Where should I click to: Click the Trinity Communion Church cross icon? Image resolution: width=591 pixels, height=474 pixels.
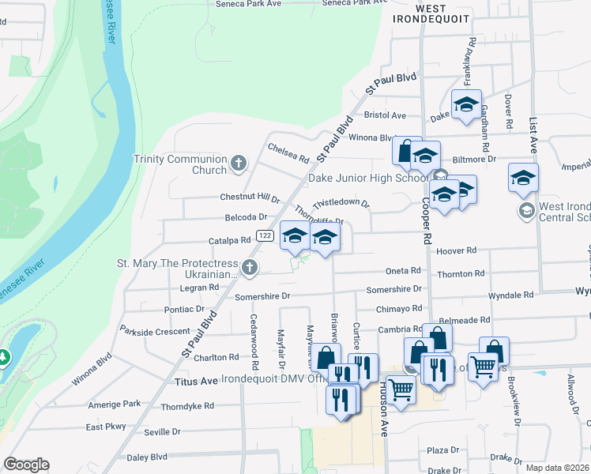click(x=239, y=164)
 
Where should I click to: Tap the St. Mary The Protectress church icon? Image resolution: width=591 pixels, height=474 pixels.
click(x=250, y=268)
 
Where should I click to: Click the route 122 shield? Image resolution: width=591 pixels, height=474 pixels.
click(x=265, y=235)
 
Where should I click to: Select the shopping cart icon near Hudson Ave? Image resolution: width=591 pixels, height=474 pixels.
click(x=401, y=389)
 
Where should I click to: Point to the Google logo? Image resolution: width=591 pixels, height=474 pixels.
click(x=26, y=464)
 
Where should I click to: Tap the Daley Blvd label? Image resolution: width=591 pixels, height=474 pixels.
click(x=148, y=457)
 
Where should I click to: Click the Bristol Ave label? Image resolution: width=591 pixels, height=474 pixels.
click(x=385, y=115)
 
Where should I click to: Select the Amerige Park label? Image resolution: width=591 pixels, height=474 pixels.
click(x=115, y=404)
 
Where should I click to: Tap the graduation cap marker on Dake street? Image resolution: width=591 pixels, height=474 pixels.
click(x=466, y=104)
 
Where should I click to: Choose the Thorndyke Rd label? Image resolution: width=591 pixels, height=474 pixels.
click(x=187, y=406)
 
